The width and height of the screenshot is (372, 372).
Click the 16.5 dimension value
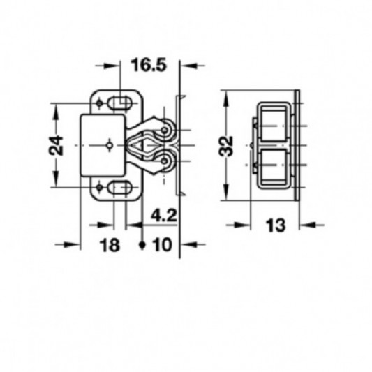149,65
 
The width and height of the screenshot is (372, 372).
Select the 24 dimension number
56,145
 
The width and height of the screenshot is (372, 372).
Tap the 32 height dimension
226,146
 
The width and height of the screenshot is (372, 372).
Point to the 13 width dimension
275,225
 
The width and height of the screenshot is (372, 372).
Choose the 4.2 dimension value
164,216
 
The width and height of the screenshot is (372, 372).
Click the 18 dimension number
110,245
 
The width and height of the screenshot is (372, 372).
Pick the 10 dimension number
163,244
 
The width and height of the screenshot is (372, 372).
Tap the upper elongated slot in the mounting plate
120,103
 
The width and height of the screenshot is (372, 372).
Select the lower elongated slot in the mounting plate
120,188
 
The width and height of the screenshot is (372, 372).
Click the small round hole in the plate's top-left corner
99,103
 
